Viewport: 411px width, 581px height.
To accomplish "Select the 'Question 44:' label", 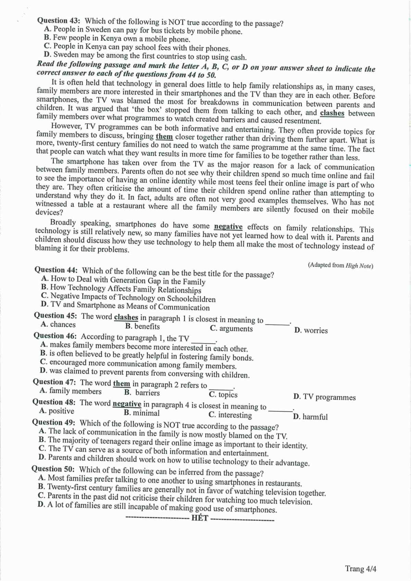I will [x=56, y=270].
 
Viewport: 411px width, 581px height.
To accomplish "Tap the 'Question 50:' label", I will [x=53, y=469].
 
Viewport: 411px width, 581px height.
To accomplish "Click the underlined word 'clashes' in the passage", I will [x=332, y=113].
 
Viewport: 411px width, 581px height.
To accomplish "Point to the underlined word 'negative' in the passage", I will [x=228, y=226].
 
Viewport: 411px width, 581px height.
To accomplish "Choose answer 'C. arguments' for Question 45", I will [x=231, y=329].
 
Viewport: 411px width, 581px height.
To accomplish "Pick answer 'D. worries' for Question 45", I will [x=311, y=331].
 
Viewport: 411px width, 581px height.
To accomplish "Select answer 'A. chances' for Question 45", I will [x=58, y=324].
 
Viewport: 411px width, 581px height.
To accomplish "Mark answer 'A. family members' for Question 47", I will [x=71, y=391].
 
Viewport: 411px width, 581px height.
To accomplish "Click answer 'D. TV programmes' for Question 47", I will [x=324, y=397].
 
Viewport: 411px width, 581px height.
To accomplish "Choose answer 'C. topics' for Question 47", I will [x=223, y=395].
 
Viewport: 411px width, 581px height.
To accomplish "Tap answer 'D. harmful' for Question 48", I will [x=310, y=417].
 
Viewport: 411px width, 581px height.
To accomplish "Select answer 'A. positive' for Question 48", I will [x=57, y=411].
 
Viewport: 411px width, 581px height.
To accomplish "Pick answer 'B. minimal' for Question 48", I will [x=142, y=413].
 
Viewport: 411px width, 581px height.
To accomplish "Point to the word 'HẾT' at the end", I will [x=200, y=518].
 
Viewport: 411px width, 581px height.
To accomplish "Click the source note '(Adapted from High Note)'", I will [x=340, y=265].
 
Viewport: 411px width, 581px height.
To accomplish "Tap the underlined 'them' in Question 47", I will [x=122, y=384].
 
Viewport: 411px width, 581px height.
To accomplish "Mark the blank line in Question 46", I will [x=203, y=342].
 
